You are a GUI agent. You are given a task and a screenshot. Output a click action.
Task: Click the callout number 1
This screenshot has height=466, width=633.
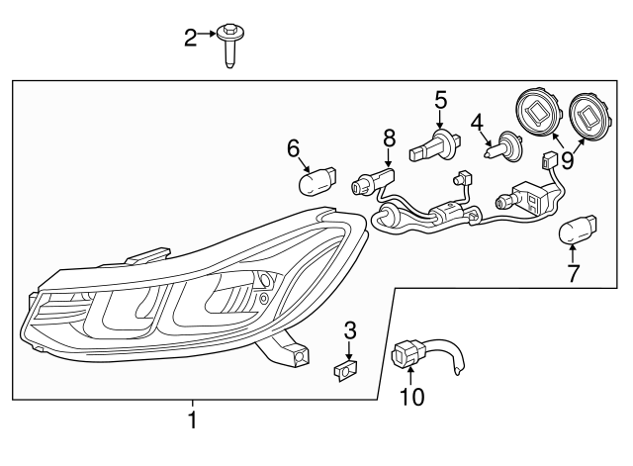click(193, 420)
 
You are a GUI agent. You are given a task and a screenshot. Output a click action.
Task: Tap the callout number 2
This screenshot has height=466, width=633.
click(191, 39)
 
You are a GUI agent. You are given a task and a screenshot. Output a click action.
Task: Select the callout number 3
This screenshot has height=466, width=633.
click(349, 329)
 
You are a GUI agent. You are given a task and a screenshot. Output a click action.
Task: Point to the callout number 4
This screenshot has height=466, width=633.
click(477, 125)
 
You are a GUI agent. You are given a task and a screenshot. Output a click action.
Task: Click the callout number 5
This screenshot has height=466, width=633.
click(440, 100)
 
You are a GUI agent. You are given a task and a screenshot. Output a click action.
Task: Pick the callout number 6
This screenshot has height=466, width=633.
click(293, 148)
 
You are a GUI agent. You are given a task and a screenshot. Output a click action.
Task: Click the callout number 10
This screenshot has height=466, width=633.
click(411, 398)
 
